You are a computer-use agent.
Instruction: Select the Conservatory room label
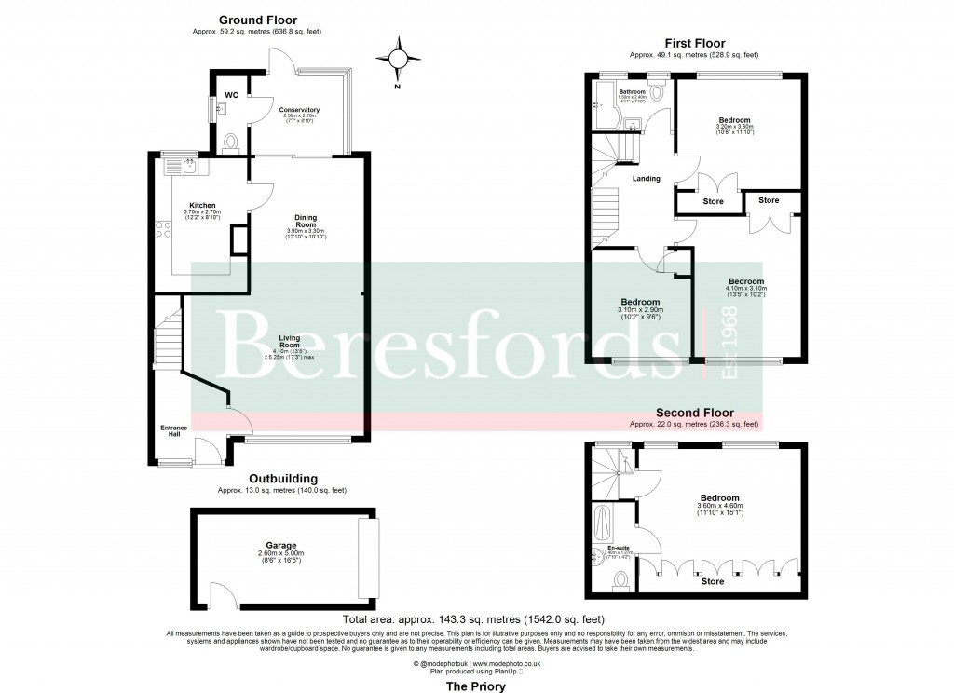299,110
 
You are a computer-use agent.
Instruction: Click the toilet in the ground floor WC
231,143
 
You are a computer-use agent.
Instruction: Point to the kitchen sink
188,166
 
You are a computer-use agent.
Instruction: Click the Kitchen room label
203,206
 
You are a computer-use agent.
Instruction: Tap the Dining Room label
306,220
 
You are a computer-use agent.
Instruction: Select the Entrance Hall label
173,431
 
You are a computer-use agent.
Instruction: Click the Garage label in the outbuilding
281,546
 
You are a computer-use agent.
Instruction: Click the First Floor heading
694,43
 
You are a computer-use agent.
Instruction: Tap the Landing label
646,179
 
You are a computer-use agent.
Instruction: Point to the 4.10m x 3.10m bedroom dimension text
745,291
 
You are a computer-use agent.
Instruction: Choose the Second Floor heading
694,413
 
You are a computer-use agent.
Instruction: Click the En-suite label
618,548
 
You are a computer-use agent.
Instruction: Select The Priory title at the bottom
476,686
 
